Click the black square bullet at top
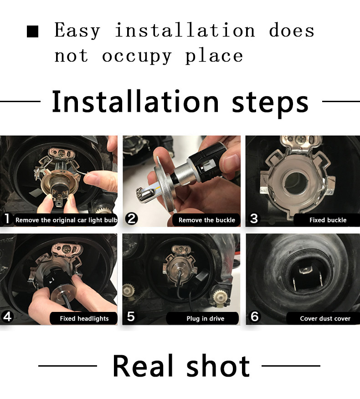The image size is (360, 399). [x=32, y=31]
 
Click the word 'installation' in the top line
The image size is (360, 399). [x=185, y=30]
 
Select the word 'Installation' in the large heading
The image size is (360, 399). [x=135, y=101]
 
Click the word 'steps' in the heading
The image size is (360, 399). [x=270, y=104]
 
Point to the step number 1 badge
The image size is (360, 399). [x=7, y=218]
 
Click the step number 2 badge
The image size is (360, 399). [x=131, y=219]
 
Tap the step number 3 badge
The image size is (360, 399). [x=254, y=218]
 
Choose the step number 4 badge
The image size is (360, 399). [x=7, y=317]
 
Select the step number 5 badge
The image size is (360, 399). [x=131, y=316]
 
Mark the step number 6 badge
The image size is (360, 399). [x=254, y=316]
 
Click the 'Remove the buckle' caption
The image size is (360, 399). [x=207, y=220]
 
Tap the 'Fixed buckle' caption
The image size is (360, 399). [x=328, y=220]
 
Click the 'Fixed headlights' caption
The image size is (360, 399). [x=84, y=318]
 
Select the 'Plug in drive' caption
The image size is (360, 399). [x=205, y=318]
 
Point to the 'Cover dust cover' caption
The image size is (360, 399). [x=325, y=318]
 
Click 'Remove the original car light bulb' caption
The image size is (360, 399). [x=66, y=220]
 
